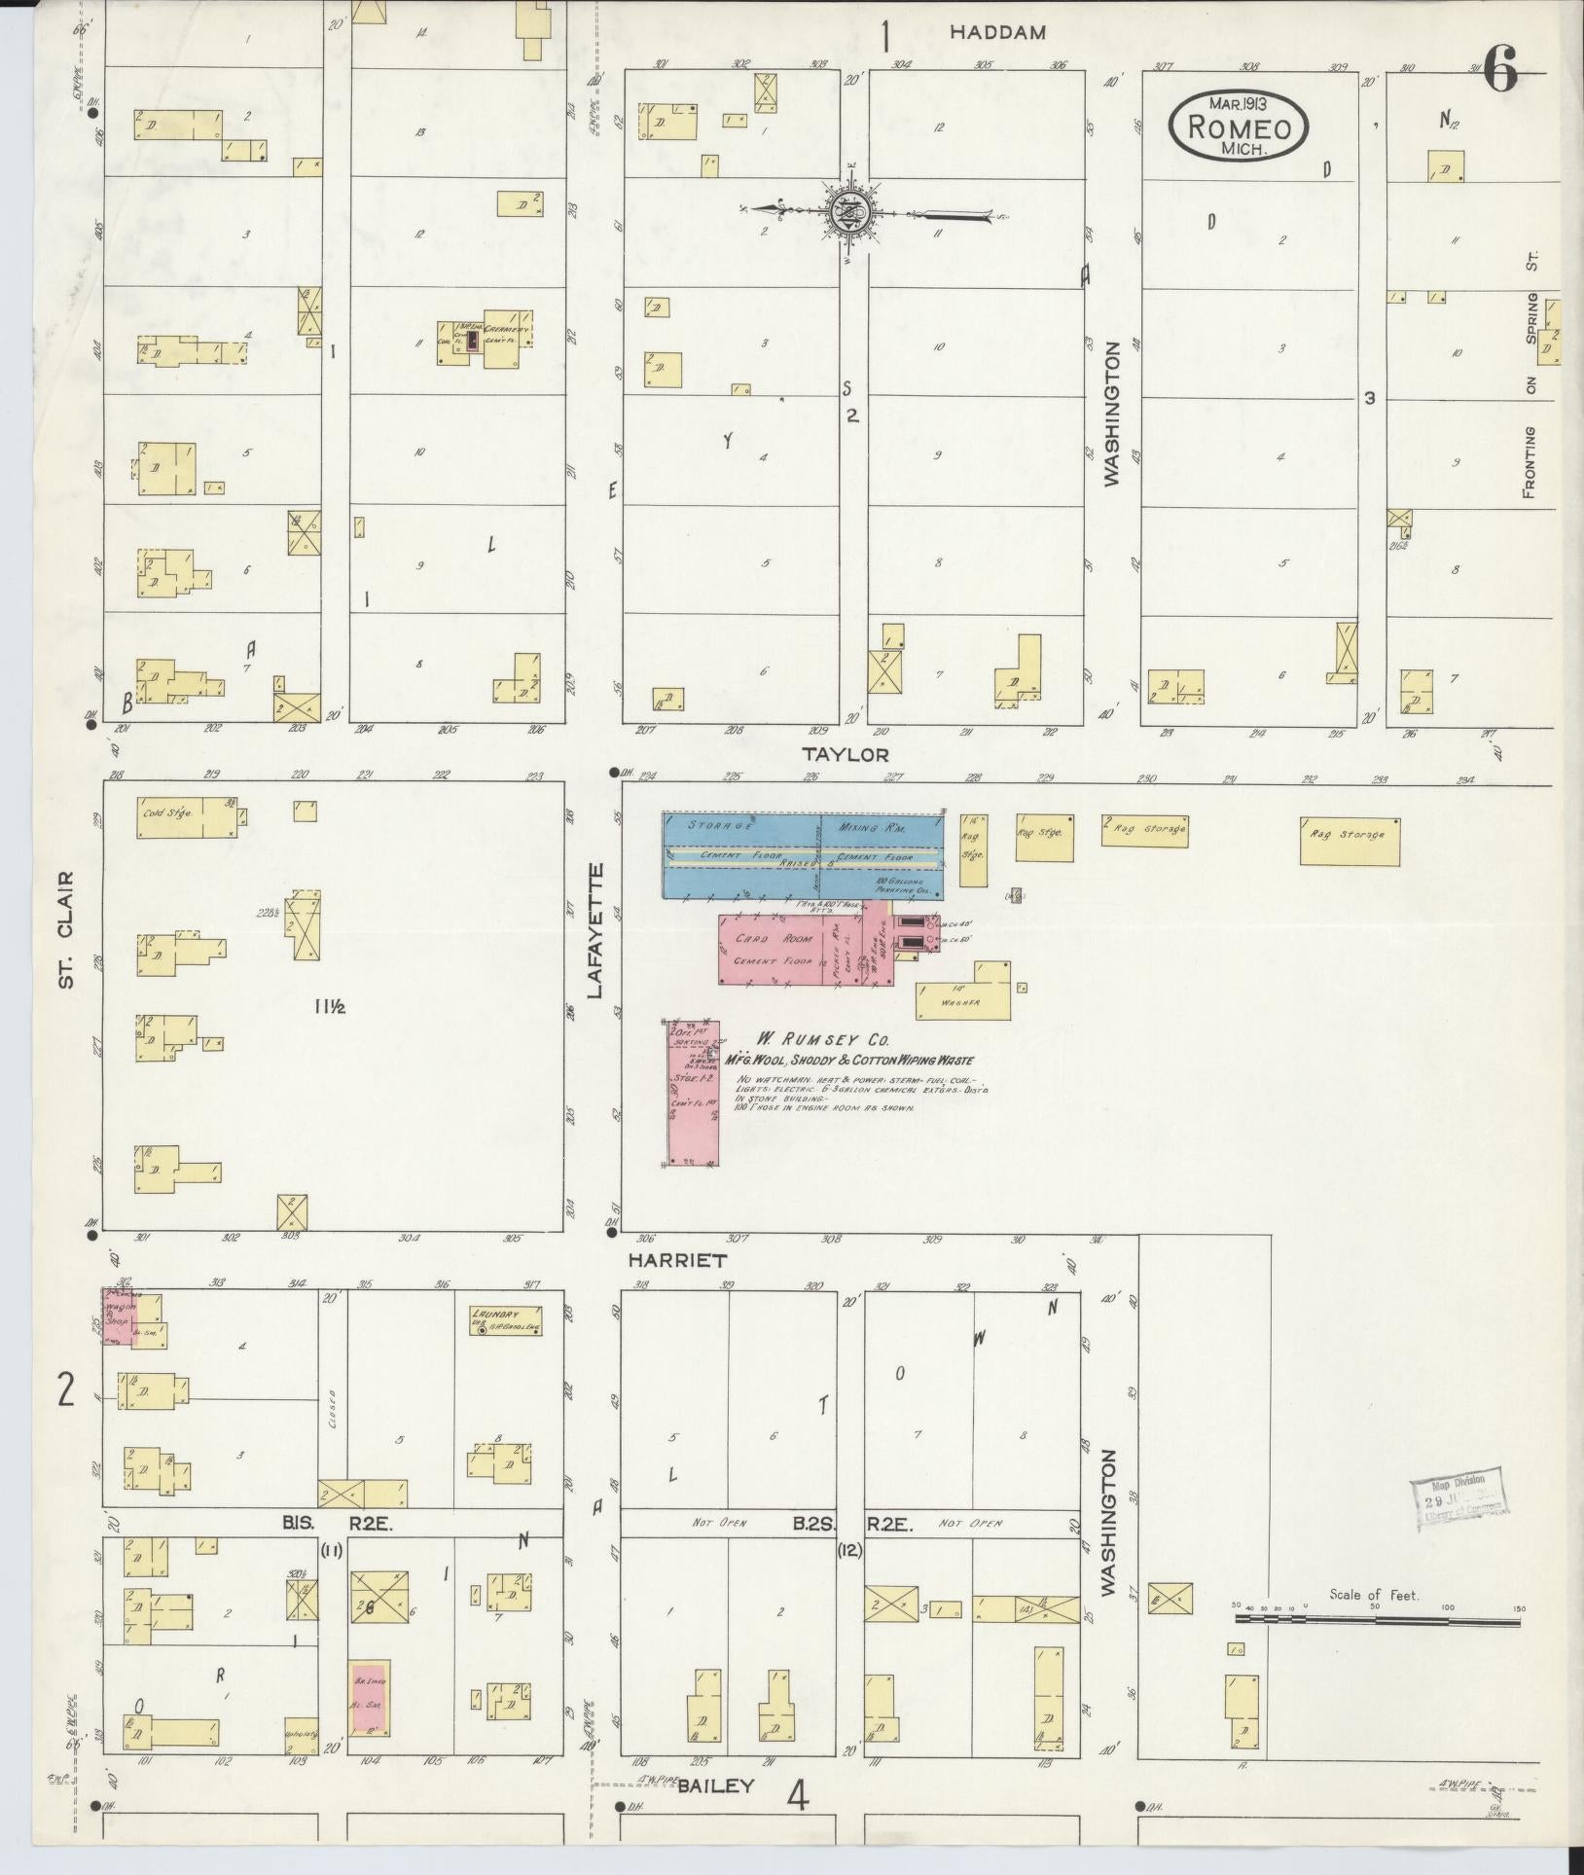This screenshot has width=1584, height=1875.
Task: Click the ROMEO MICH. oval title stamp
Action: coord(1238,126)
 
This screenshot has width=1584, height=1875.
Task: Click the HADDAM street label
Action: coord(997,32)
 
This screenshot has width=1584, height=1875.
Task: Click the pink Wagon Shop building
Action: coord(122,1316)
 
